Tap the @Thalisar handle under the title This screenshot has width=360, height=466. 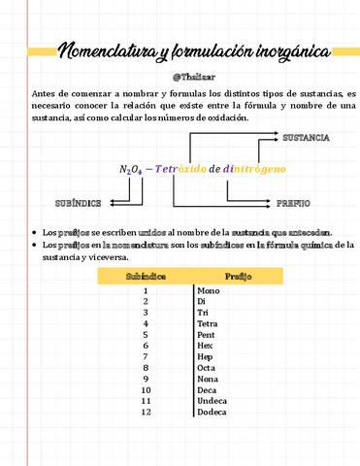point(180,76)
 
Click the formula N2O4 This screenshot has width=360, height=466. point(131,170)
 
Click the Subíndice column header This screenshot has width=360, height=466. point(146,277)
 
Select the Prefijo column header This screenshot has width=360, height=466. point(239,277)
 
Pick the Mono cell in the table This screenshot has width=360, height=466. point(208,291)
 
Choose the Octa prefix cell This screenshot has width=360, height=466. point(206,367)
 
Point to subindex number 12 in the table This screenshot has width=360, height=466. point(146,412)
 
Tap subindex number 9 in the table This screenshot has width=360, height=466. point(146,379)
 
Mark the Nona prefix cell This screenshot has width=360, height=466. point(207,379)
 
